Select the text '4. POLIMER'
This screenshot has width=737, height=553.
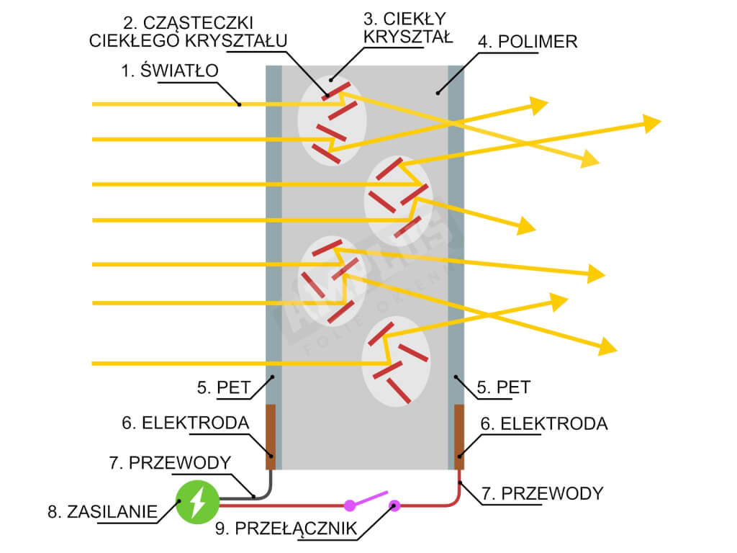(x=527, y=41)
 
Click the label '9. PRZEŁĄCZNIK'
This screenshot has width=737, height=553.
(x=286, y=529)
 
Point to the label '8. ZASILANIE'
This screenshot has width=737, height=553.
(x=102, y=512)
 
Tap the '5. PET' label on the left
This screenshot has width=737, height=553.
(x=223, y=387)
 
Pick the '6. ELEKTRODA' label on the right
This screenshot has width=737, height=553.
(x=544, y=423)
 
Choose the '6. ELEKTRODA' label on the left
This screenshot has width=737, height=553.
(x=185, y=423)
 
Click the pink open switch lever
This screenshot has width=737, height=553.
(x=371, y=498)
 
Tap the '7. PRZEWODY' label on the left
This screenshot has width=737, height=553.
(x=171, y=462)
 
